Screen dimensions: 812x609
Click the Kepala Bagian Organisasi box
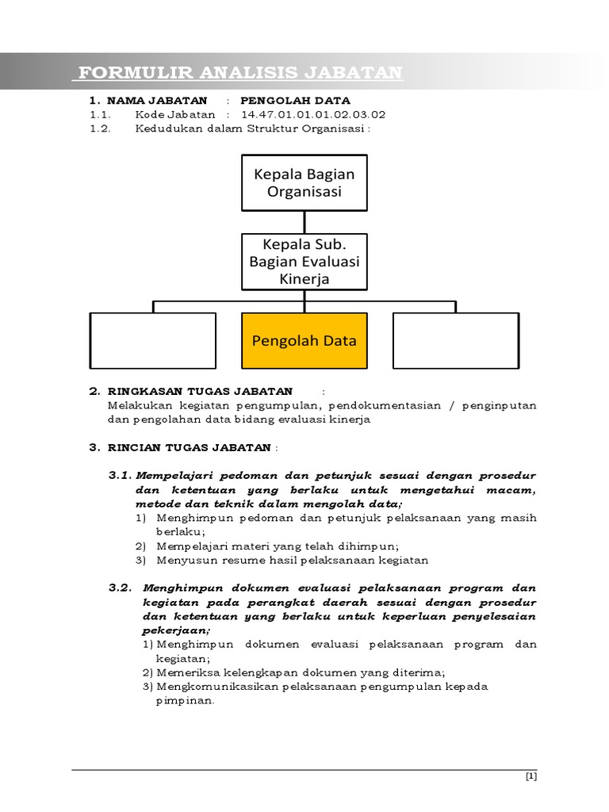pyautogui.click(x=304, y=183)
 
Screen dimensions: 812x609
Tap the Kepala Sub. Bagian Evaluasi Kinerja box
pyautogui.click(x=304, y=260)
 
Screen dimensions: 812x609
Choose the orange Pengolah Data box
pyautogui.click(x=304, y=341)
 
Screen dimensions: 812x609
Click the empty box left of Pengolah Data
pyautogui.click(x=153, y=341)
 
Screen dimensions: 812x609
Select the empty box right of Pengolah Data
pyautogui.click(x=456, y=341)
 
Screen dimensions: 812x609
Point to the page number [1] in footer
pyautogui.click(x=531, y=777)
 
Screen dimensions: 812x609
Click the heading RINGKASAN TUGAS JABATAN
pyautogui.click(x=199, y=391)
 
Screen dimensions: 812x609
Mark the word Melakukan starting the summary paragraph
pyautogui.click(x=139, y=405)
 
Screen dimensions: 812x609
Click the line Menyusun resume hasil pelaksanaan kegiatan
pyautogui.click(x=292, y=560)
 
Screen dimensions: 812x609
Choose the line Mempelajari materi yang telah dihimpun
pyautogui.click(x=278, y=546)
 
